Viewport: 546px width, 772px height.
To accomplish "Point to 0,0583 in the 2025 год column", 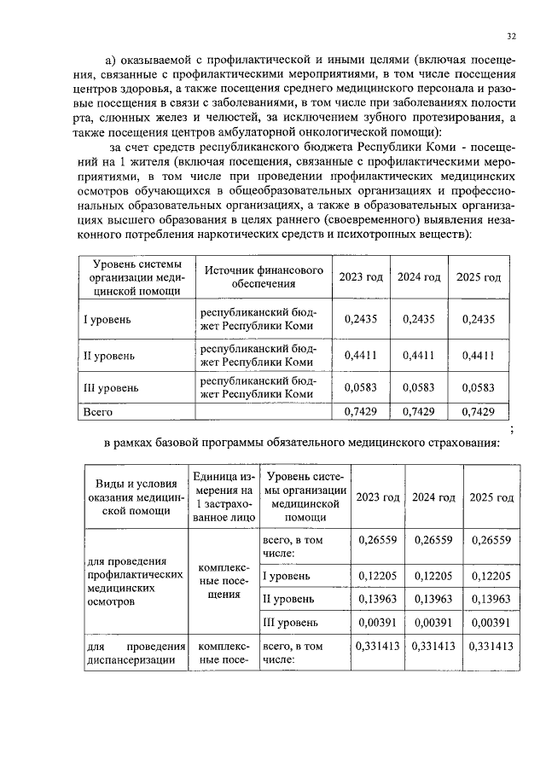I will [x=478, y=387].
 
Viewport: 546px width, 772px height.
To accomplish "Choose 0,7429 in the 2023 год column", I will [x=359, y=412].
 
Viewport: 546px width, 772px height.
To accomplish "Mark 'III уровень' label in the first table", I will [x=110, y=387].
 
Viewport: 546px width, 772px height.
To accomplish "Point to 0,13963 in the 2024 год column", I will [x=434, y=596].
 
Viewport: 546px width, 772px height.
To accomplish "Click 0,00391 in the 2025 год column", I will [x=491, y=622].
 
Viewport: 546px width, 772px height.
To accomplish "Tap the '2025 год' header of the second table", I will [x=491, y=497].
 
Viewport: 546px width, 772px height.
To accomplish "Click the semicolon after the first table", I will [x=510, y=427].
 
